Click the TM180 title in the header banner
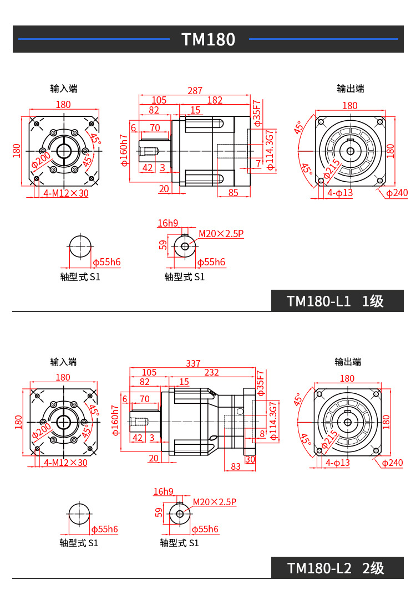click(209, 39)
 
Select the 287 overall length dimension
click(195, 90)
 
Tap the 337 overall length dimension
click(193, 363)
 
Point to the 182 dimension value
click(215, 100)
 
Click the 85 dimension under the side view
click(233, 193)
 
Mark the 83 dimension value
click(236, 466)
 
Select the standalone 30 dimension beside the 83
click(250, 459)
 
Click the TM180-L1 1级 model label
click(335, 301)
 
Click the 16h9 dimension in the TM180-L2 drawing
click(164, 491)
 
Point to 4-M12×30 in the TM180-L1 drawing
click(66, 193)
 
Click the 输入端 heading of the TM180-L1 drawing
click(64, 89)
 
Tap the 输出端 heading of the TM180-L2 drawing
click(348, 362)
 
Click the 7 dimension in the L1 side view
click(258, 163)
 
